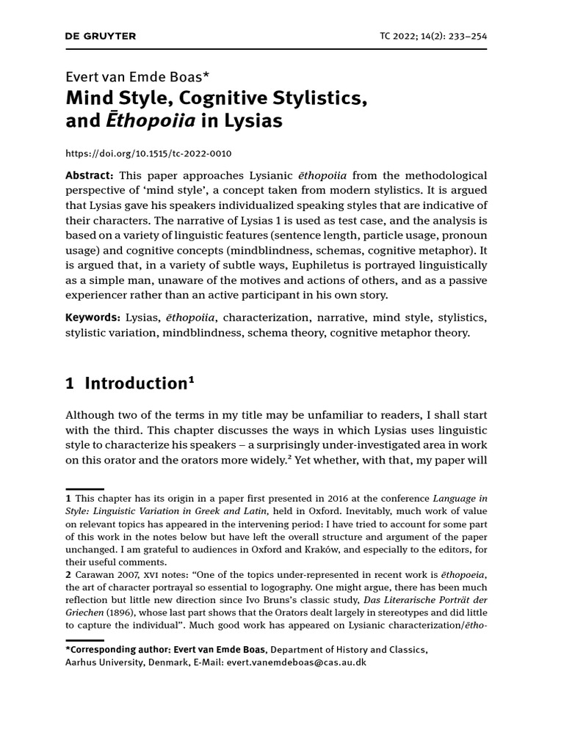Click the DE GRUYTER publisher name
coord(101,36)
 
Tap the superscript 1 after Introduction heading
coord(191,378)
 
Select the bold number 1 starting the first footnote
coord(69,499)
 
